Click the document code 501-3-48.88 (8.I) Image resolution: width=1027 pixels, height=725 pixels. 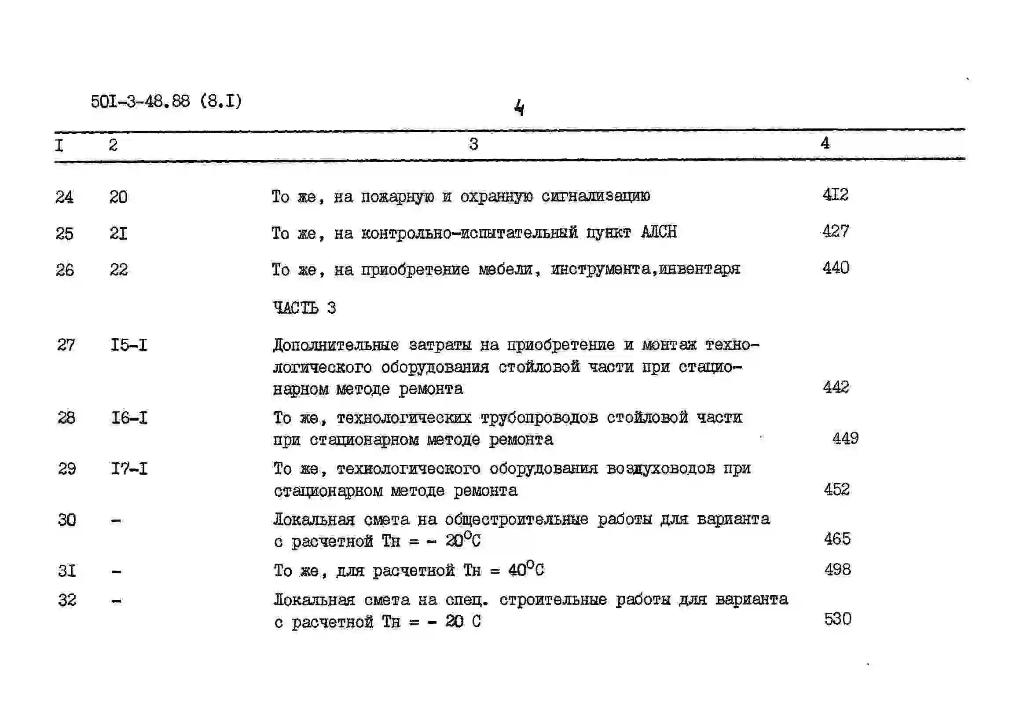[x=166, y=102]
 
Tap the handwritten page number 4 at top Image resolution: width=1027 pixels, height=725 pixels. [x=519, y=108]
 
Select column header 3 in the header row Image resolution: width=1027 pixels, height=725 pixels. [x=473, y=144]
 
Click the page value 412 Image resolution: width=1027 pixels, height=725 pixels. [x=835, y=194]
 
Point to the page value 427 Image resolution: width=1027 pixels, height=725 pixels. [x=835, y=231]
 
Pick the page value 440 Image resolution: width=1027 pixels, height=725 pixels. [x=836, y=268]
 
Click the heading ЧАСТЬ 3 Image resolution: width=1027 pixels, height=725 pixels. [x=304, y=308]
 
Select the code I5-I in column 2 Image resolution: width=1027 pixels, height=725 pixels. [x=129, y=345]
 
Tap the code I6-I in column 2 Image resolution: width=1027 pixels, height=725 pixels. [x=129, y=418]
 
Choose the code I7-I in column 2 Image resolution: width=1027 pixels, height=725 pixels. [x=129, y=469]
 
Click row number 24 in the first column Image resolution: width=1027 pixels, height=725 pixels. [x=64, y=197]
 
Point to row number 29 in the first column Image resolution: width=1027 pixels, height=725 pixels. [x=66, y=469]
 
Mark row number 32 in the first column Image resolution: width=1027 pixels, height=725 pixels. [x=67, y=600]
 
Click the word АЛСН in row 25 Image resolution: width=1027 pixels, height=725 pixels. [x=658, y=232]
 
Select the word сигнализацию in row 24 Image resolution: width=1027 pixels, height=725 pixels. [x=595, y=196]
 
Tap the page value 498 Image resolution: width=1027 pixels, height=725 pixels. [x=837, y=570]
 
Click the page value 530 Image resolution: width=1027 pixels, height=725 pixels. [x=837, y=619]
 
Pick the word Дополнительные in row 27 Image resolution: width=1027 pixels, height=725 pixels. [x=335, y=345]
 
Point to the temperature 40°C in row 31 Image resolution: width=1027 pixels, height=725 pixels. [x=525, y=569]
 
